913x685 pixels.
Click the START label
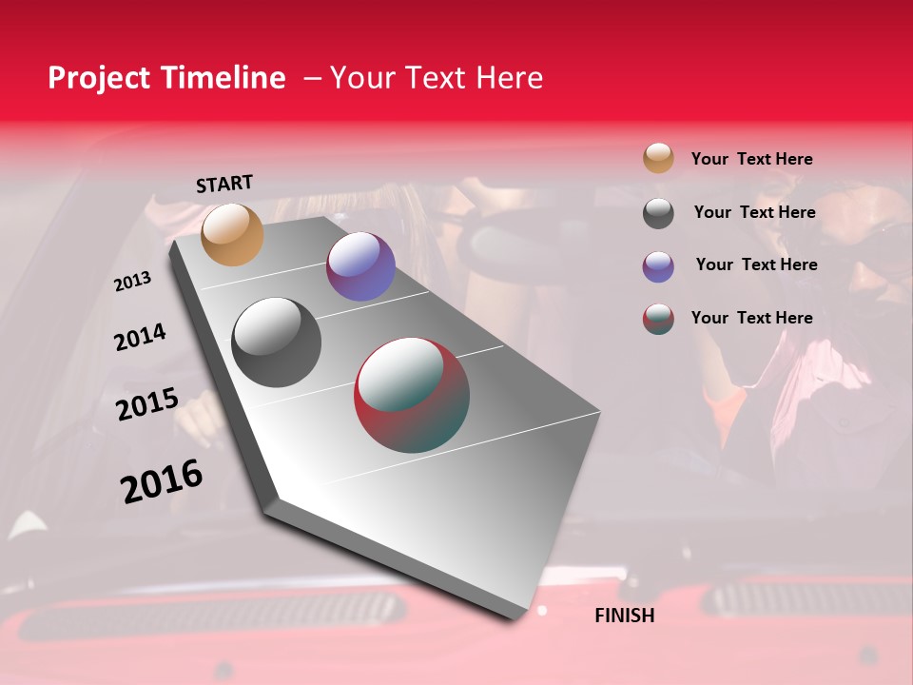click(x=224, y=184)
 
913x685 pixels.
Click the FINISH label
click(x=625, y=616)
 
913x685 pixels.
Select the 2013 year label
click(x=132, y=282)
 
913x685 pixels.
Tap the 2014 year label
click(x=140, y=338)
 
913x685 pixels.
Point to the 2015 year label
click(x=147, y=404)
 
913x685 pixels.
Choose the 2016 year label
click(x=162, y=481)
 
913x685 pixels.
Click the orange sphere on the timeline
click(x=233, y=234)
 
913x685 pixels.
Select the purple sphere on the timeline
click(x=360, y=266)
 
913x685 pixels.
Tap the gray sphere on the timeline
click(x=277, y=342)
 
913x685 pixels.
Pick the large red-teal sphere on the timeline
click(x=412, y=395)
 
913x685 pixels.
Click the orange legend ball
click(x=658, y=158)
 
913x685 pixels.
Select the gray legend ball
click(x=658, y=213)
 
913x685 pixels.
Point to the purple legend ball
click(x=658, y=266)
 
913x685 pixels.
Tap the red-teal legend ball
click(x=658, y=319)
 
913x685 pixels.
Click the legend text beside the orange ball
click(x=751, y=159)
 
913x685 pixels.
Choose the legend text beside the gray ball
click(x=754, y=212)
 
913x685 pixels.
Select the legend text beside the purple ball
click(x=756, y=264)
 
